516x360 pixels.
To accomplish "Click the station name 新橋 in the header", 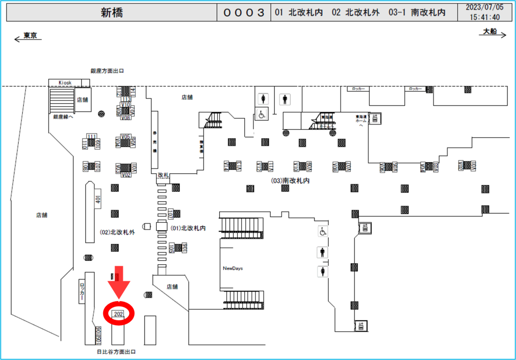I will [x=111, y=13].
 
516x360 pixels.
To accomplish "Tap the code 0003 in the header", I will [x=244, y=13].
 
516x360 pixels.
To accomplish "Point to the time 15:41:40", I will [x=484, y=17].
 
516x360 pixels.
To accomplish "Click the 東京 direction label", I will [x=30, y=36].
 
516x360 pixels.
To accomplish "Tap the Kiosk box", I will [x=66, y=82].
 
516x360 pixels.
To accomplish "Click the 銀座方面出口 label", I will [x=107, y=71].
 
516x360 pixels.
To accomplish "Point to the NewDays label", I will [x=233, y=268].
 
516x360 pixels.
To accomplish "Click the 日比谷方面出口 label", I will [x=115, y=351].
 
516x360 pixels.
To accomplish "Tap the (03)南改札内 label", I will [x=290, y=180].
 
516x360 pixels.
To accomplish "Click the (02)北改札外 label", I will [x=118, y=232].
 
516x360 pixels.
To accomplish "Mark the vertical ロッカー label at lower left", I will [x=82, y=292].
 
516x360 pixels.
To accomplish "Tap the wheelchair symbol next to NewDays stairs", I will [x=322, y=231].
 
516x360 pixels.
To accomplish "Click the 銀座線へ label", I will [x=63, y=116].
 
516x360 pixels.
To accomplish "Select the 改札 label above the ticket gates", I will [x=163, y=174].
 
